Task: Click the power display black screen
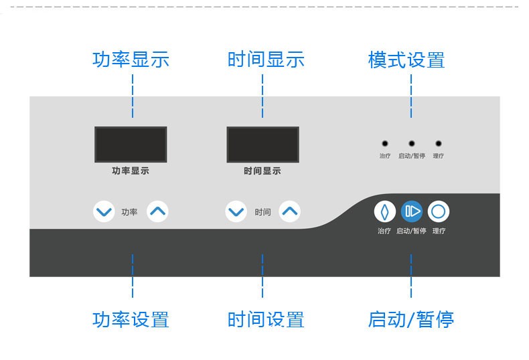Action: tap(131, 144)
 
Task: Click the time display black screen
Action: tap(262, 144)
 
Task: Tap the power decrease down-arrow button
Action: tap(104, 212)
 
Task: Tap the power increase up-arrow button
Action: tap(157, 212)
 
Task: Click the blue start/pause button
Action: tap(411, 211)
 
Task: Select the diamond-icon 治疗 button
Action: tap(384, 211)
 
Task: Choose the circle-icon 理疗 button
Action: tap(438, 211)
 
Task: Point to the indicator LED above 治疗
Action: tap(384, 143)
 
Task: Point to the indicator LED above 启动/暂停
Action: tap(411, 143)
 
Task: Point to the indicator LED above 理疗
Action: tap(439, 143)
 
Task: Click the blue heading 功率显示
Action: tap(131, 60)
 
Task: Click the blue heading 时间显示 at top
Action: tap(266, 60)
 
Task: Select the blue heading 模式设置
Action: tap(406, 60)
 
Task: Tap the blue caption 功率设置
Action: tap(131, 319)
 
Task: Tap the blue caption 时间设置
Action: tap(266, 319)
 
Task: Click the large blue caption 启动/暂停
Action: tap(410, 319)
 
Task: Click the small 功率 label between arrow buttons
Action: tap(130, 213)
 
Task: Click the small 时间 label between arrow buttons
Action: tap(262, 213)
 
